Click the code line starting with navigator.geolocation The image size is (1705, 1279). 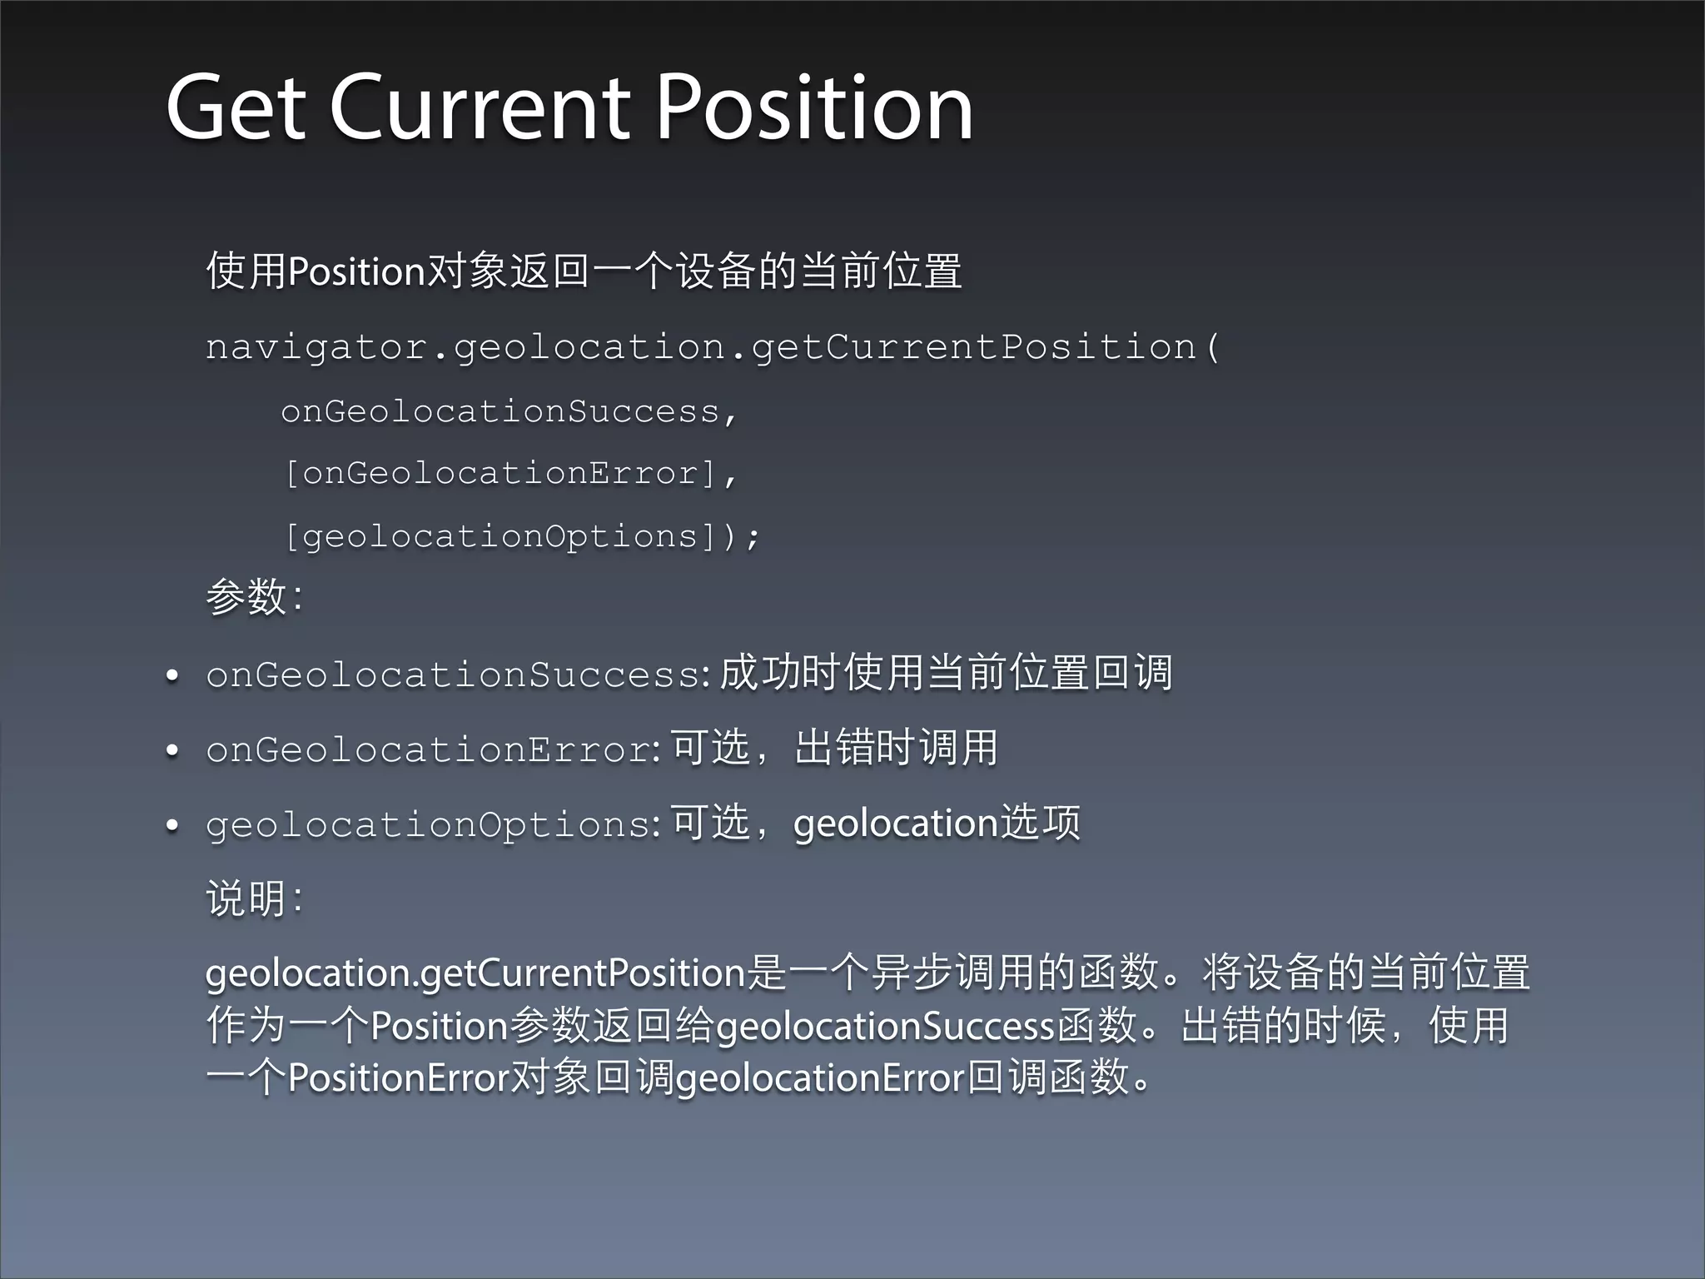point(713,347)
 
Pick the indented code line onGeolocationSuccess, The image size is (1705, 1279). point(509,411)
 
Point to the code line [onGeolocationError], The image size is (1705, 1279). point(509,474)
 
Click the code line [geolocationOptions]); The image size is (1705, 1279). point(521,536)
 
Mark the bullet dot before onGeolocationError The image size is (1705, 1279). point(172,751)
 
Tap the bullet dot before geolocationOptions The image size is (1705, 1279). point(172,826)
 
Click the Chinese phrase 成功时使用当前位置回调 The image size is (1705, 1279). point(946,673)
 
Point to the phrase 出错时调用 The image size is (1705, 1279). point(896,747)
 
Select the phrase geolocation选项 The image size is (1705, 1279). point(937,823)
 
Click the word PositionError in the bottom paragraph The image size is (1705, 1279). point(398,1077)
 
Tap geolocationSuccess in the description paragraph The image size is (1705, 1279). point(886,1026)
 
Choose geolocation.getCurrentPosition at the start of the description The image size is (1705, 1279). point(475,973)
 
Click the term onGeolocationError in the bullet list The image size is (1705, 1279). point(429,749)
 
